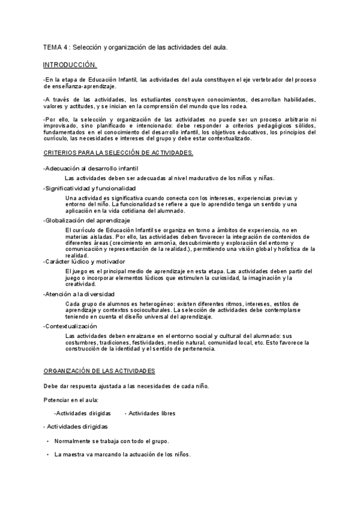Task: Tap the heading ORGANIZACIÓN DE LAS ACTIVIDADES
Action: (x=100, y=370)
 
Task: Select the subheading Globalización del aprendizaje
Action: (x=87, y=220)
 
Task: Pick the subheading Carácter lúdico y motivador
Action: (x=85, y=262)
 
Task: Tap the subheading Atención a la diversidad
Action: (x=80, y=294)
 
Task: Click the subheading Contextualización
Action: (x=71, y=326)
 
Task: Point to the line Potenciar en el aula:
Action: (x=71, y=399)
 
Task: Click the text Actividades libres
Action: (x=151, y=413)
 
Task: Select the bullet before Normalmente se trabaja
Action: (x=47, y=441)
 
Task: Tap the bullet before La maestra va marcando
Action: (x=47, y=455)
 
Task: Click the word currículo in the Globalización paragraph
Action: (x=84, y=230)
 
